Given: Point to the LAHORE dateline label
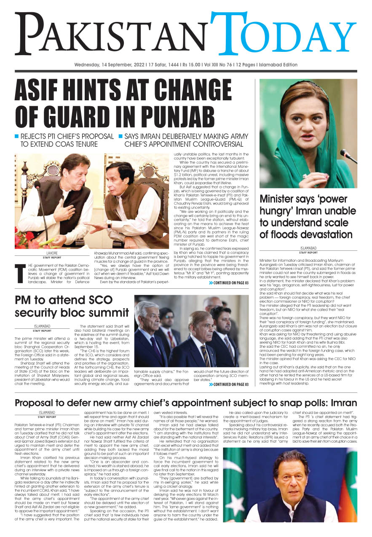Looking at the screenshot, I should click(x=54, y=253).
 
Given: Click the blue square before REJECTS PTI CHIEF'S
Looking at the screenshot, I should click(x=17, y=136).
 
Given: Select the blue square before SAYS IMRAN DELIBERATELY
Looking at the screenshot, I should click(x=121, y=136).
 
